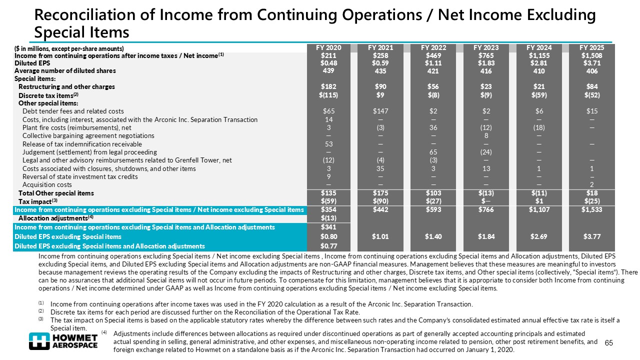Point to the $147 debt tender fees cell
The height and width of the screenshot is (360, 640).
381,111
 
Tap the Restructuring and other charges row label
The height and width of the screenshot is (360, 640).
66,87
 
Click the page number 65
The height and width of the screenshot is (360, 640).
608,342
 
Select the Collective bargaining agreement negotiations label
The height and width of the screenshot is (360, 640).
88,136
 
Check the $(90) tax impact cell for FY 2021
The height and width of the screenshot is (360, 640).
381,201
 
